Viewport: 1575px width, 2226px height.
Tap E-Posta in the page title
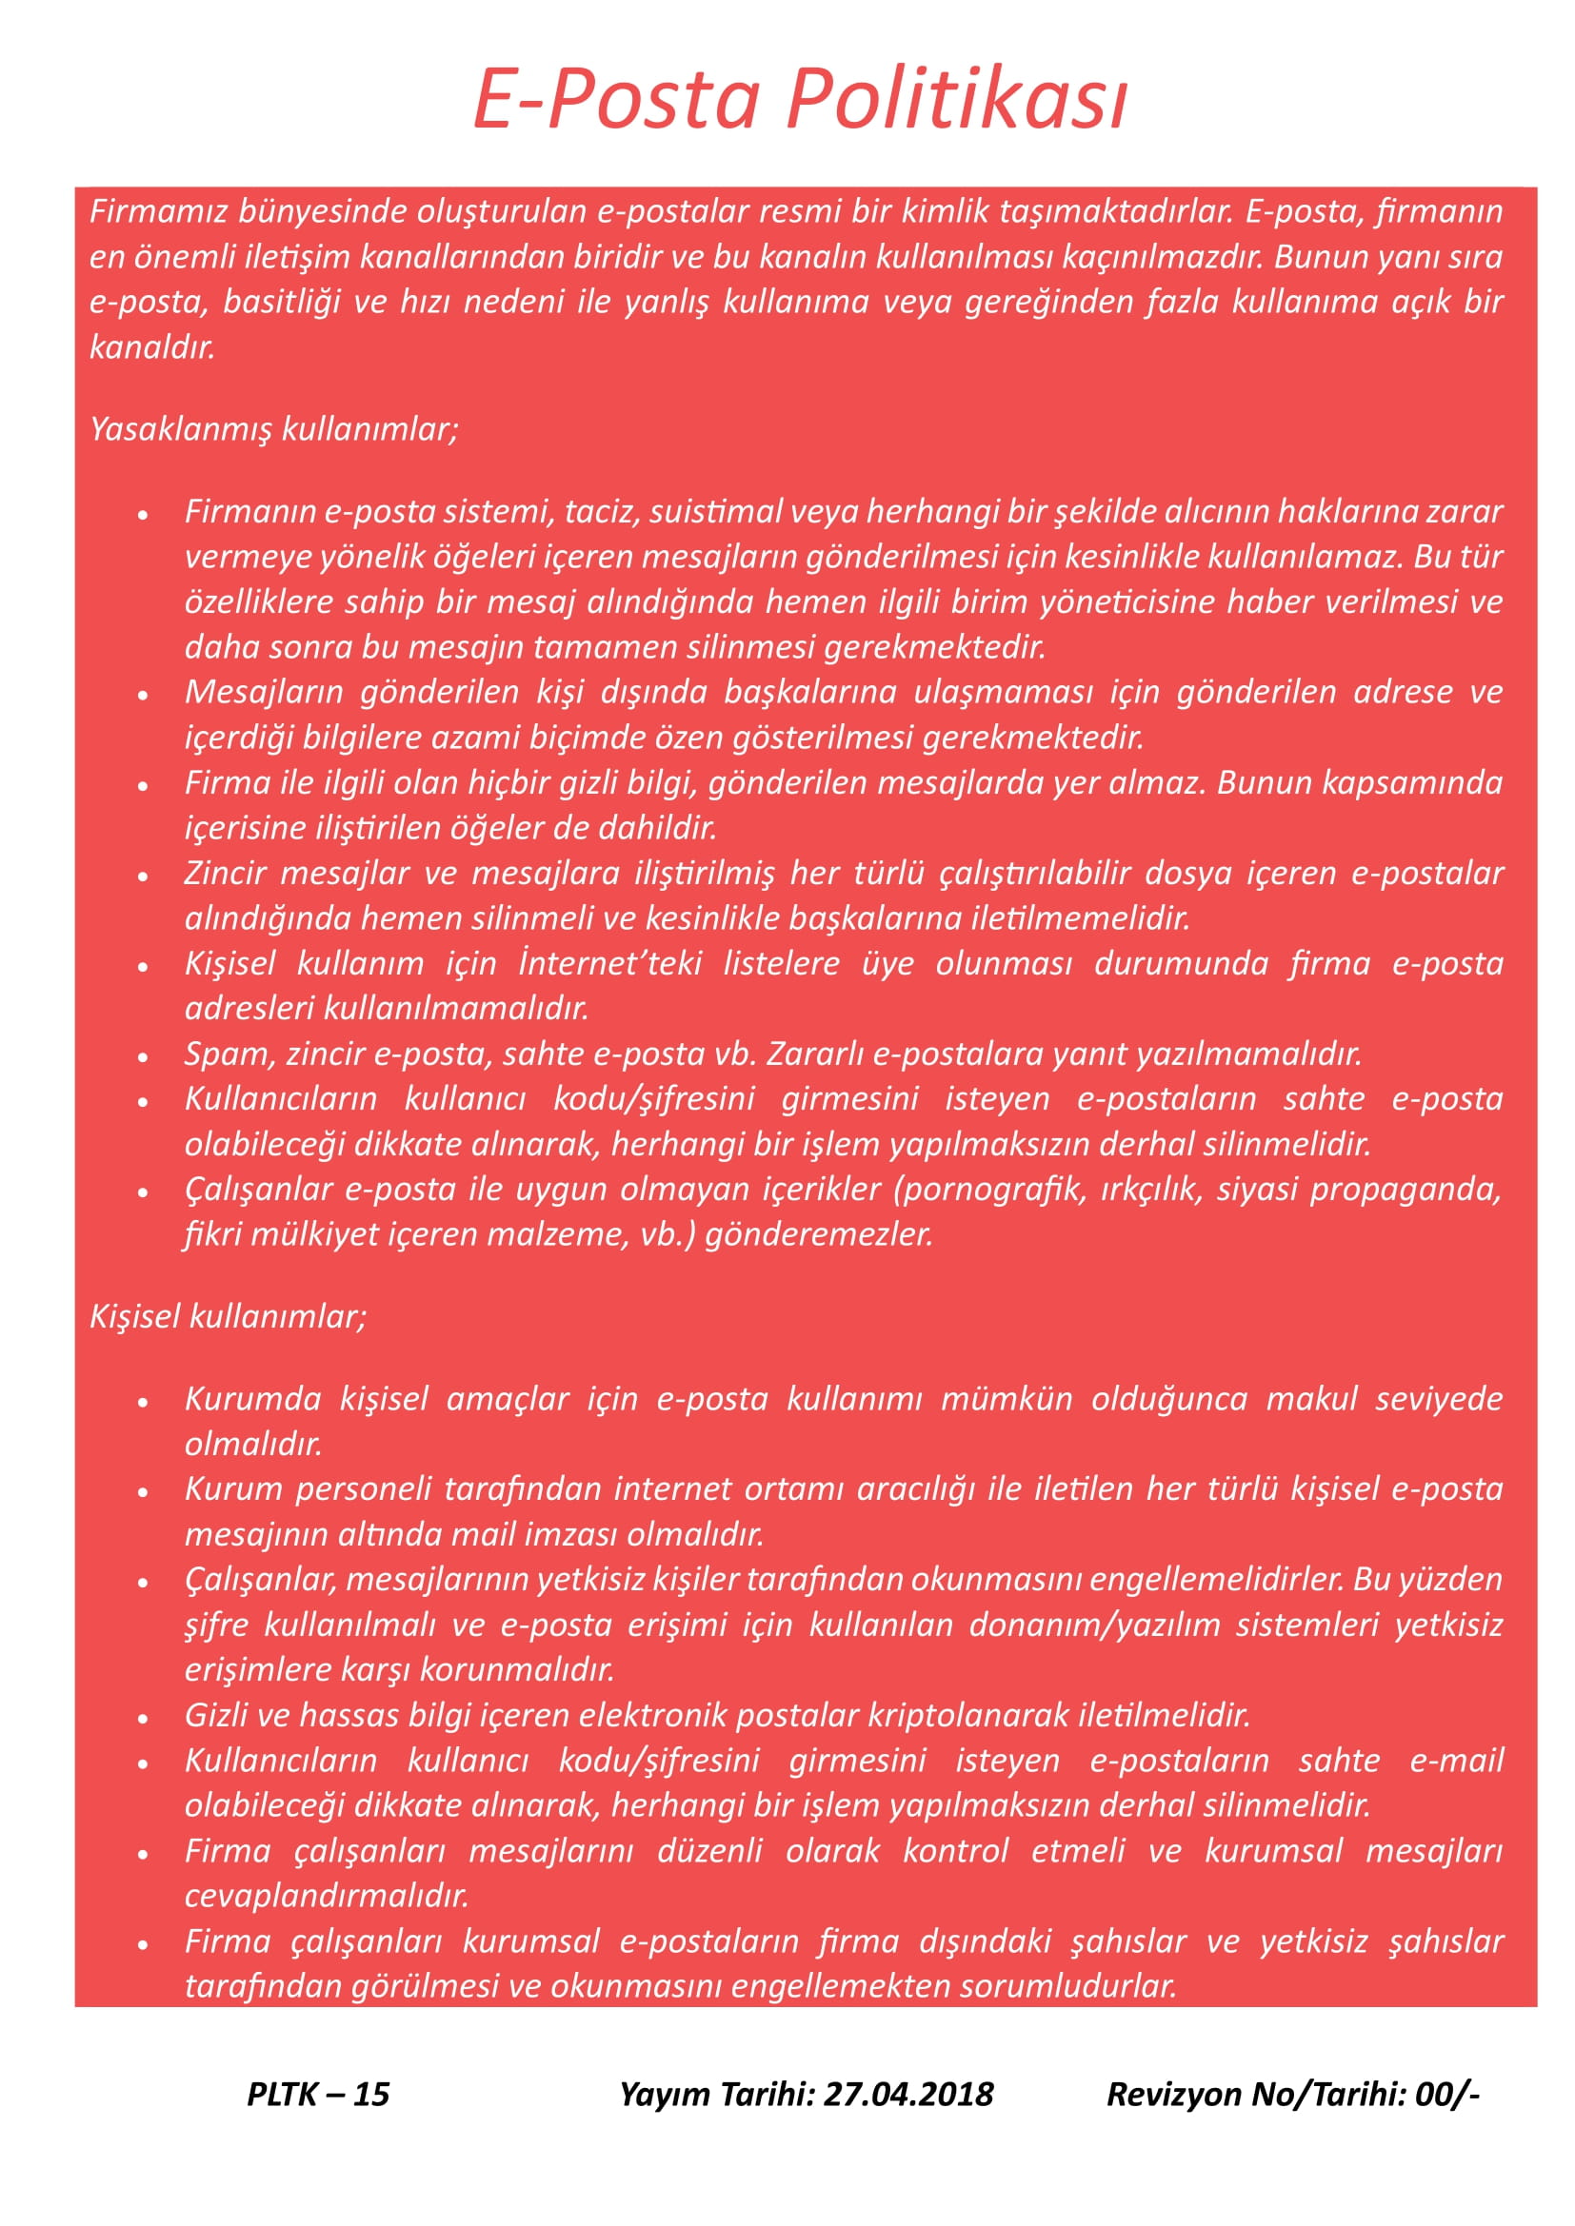[616, 100]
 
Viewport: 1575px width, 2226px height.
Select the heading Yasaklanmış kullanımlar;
[273, 428]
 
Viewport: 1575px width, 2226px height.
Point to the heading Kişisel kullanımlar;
[228, 1315]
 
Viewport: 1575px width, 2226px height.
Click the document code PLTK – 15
[318, 2094]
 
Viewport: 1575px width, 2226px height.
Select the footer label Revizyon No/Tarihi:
[1257, 2094]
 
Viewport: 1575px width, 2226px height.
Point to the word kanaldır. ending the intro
[152, 347]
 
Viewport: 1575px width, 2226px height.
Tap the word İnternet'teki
[610, 964]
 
